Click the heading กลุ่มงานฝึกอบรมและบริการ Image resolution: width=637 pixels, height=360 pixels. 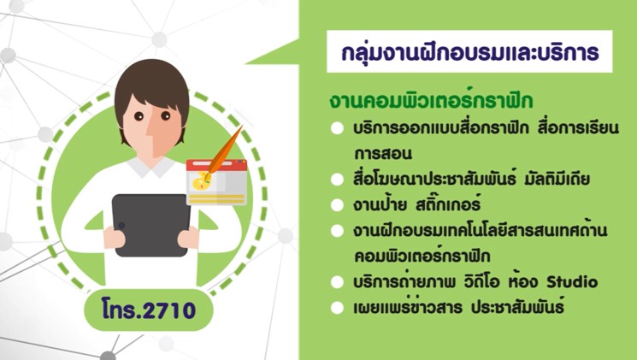[470, 53]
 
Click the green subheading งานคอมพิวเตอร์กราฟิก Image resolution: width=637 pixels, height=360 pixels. [431, 101]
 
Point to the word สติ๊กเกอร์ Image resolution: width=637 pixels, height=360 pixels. [448, 204]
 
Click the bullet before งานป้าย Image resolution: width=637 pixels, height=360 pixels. [337, 205]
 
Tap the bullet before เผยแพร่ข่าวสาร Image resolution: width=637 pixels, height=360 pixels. [337, 308]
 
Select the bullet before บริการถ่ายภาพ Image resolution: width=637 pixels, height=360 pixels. [337, 282]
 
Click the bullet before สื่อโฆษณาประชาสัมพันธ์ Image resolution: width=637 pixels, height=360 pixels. [337, 180]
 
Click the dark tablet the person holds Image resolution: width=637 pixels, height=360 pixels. [151, 225]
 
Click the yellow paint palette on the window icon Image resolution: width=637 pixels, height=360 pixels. [201, 181]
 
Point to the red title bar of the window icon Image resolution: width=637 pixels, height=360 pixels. [216, 164]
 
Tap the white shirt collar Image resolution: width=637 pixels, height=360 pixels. [151, 167]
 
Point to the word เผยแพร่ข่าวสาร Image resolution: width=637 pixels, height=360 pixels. [408, 307]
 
